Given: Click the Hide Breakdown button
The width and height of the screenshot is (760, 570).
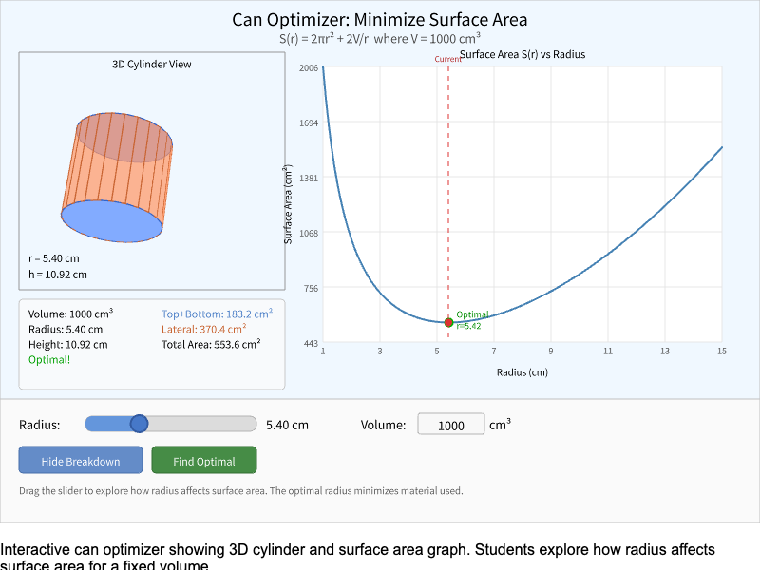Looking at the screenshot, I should [x=81, y=461].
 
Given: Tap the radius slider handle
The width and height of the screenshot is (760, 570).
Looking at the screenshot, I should [x=139, y=424].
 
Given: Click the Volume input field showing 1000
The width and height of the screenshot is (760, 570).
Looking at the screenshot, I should [x=451, y=425].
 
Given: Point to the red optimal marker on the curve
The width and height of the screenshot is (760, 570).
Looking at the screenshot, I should [x=448, y=322].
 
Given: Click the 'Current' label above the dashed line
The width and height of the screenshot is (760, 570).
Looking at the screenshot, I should [x=447, y=59].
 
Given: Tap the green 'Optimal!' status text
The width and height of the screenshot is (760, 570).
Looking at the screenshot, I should [x=49, y=360].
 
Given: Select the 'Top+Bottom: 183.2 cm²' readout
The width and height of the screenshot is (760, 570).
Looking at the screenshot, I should [x=217, y=313].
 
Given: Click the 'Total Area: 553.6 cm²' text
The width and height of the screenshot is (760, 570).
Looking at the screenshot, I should [x=211, y=344].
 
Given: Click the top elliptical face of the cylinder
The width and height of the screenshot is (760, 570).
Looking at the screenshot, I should [x=124, y=136].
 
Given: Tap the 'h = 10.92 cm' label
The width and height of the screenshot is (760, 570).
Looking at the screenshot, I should [x=58, y=275].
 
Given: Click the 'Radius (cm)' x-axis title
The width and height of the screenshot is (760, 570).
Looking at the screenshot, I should [x=522, y=371].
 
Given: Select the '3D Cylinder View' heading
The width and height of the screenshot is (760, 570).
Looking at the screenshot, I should [x=152, y=65].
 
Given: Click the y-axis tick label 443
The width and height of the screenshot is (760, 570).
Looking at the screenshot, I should [x=310, y=343].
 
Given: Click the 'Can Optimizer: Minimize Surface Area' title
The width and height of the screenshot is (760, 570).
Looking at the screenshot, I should [x=380, y=19].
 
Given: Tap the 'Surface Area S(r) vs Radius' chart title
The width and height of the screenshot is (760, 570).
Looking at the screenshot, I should [x=522, y=54].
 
